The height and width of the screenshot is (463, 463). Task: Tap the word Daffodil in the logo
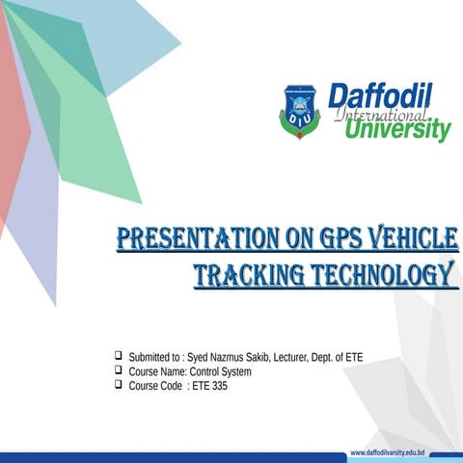(x=380, y=97)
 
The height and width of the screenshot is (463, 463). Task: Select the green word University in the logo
(x=397, y=129)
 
